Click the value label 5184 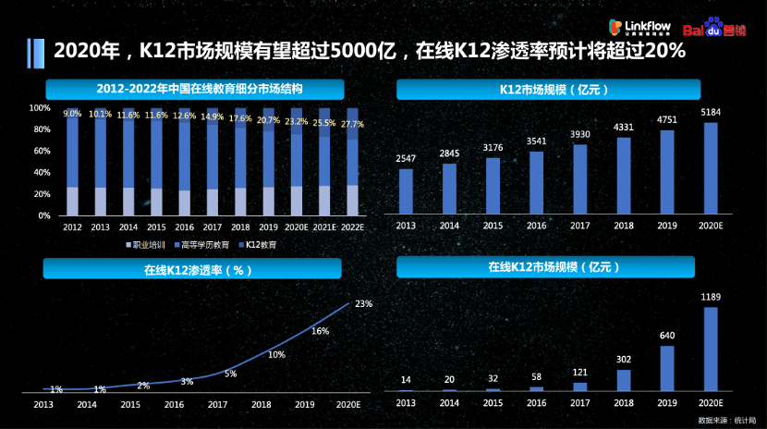click(x=711, y=112)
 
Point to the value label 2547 click(x=406, y=159)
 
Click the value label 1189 click(x=711, y=297)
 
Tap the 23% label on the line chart click(x=363, y=303)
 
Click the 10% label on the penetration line click(x=276, y=353)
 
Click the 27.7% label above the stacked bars click(x=352, y=124)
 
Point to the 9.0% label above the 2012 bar click(x=72, y=114)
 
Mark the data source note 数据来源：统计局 click(x=726, y=420)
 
